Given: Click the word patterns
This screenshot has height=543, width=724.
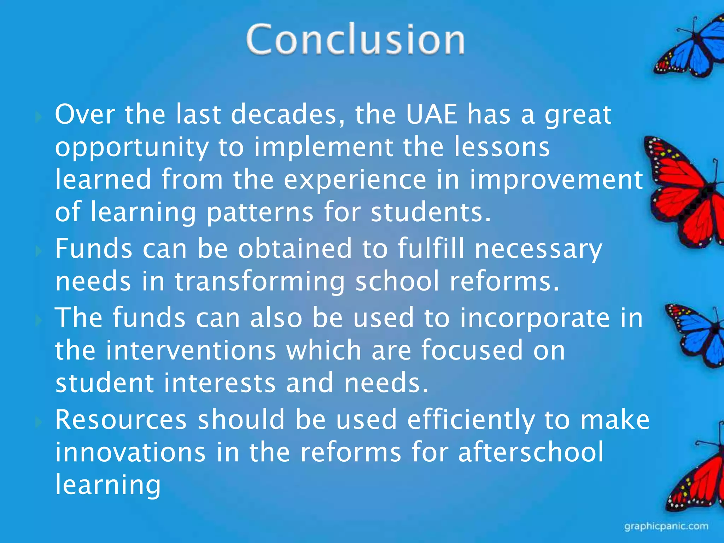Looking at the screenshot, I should [x=260, y=212].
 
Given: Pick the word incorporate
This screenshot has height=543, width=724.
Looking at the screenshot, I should [x=535, y=318].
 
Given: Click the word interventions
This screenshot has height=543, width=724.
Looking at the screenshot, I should [x=191, y=350].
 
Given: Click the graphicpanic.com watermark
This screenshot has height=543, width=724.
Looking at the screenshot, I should [x=666, y=526].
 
